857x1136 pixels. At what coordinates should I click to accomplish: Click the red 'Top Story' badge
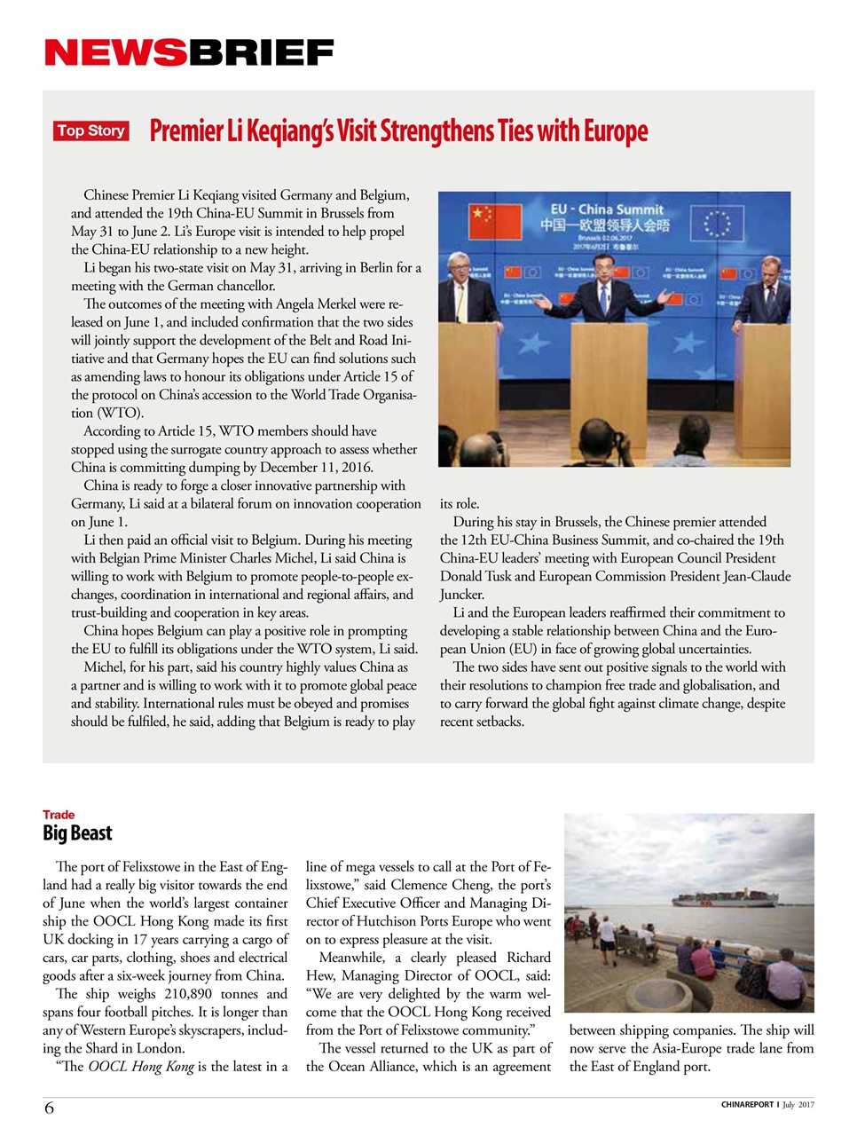point(90,131)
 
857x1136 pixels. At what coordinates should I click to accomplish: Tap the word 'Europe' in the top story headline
point(615,131)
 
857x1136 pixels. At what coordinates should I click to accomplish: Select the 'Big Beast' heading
point(77,833)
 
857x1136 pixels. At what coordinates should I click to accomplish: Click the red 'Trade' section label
point(59,815)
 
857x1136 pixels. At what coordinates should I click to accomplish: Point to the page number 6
point(49,1108)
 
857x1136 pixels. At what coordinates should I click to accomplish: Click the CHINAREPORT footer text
point(747,1105)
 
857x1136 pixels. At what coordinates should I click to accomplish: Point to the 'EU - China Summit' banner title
point(607,209)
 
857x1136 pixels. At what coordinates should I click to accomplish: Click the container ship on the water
point(723,899)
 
